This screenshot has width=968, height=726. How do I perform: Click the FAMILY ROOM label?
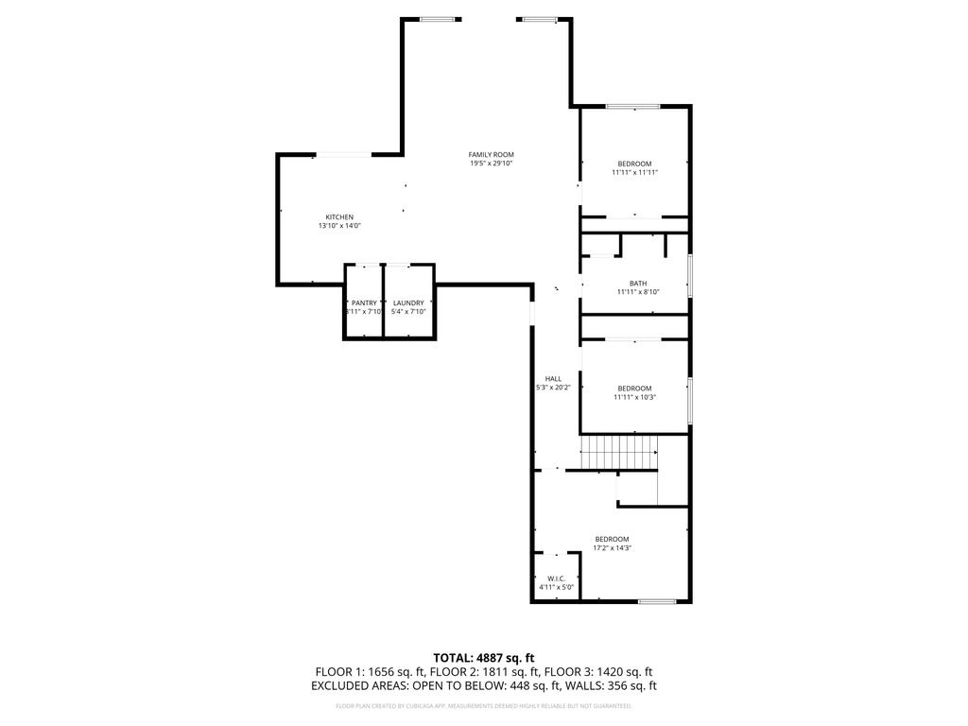pos(491,154)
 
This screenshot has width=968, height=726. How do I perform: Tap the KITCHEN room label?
pos(339,216)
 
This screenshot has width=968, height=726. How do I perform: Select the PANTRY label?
pos(364,302)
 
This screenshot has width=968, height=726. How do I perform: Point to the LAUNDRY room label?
pos(408,302)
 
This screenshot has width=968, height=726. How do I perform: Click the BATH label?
pos(637,284)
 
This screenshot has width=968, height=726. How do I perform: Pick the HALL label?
pos(553,378)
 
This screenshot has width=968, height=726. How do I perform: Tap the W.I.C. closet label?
pos(556,579)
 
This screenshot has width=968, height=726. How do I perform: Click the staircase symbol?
pos(618,453)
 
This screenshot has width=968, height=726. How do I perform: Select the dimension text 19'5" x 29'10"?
pos(491,164)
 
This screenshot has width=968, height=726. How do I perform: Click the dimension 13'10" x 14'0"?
pos(339,226)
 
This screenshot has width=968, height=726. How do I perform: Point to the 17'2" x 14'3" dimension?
pos(612,548)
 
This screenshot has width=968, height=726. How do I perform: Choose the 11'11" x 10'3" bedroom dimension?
pos(634,397)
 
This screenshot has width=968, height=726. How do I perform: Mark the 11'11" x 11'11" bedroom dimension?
pos(634,173)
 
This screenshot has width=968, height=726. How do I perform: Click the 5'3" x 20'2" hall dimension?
pos(553,388)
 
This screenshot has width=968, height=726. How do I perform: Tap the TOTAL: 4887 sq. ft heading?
pos(484,657)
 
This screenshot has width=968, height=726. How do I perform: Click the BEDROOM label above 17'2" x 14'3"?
pos(612,539)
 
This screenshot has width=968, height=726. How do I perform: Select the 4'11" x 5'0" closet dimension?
pos(556,588)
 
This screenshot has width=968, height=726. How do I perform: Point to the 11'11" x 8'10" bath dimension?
pos(637,292)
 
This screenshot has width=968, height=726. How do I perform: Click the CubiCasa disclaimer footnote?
pos(484,705)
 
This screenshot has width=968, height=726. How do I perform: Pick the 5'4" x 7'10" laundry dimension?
pos(408,312)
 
